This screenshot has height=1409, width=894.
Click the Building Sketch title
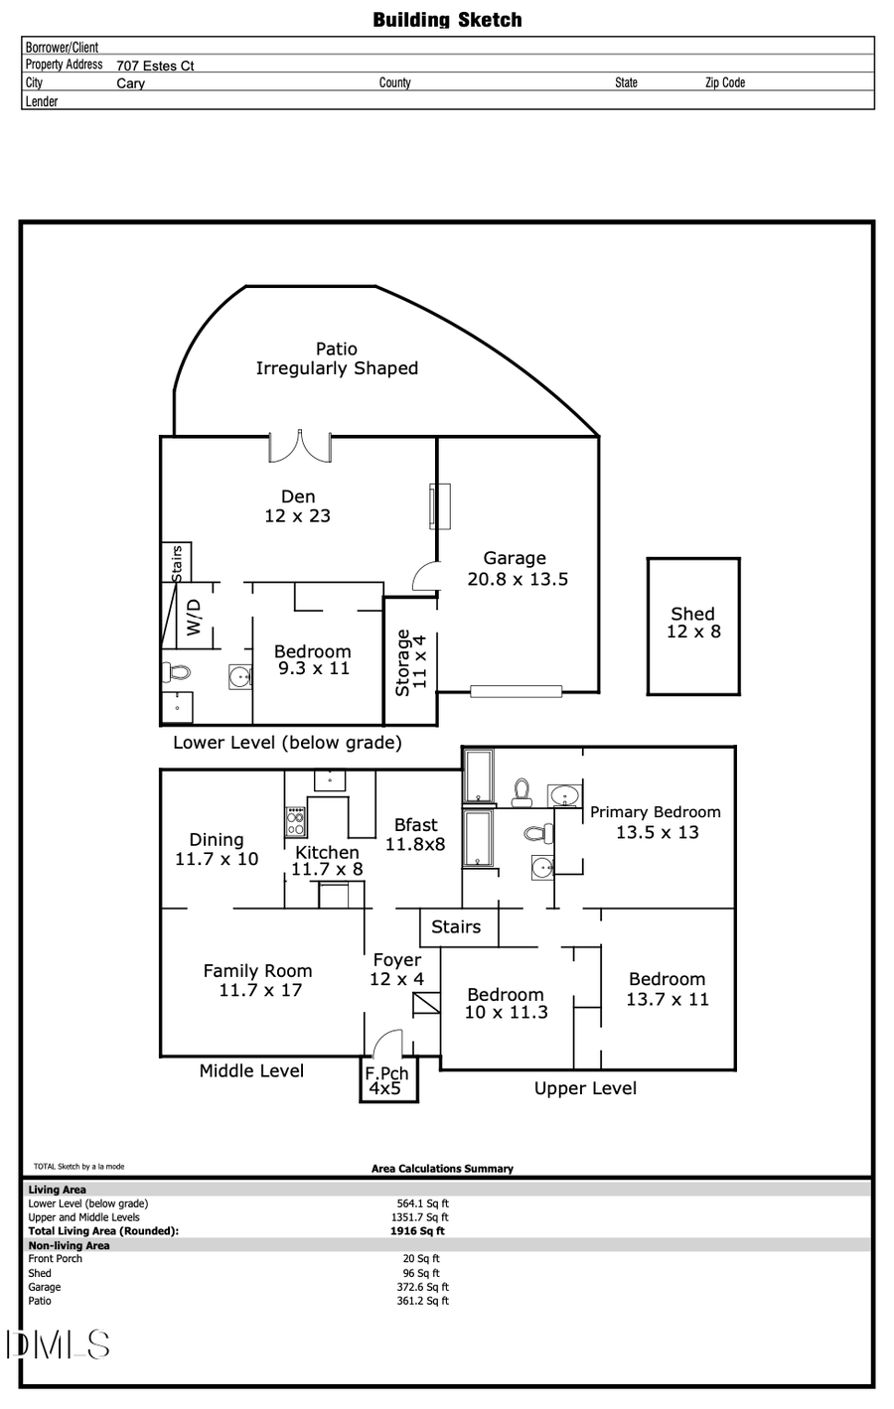(x=447, y=20)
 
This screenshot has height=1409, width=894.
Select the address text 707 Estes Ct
(x=155, y=66)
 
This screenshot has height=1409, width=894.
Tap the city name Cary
(x=130, y=83)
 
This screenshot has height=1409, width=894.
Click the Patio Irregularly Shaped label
(x=337, y=358)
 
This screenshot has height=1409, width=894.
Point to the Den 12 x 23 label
(x=297, y=506)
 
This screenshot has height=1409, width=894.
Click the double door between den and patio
(x=299, y=446)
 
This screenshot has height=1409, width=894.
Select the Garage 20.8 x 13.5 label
(x=517, y=569)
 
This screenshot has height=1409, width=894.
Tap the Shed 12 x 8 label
(x=693, y=623)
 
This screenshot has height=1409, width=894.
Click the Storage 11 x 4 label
(x=411, y=662)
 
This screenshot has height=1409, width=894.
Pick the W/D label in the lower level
(x=195, y=618)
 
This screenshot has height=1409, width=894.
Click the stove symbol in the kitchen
(x=296, y=821)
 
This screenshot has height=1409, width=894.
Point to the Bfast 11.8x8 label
(x=415, y=834)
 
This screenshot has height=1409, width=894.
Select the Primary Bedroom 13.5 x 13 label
(x=656, y=822)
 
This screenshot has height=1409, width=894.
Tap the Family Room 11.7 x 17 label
(x=258, y=980)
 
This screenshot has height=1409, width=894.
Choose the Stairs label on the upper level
(x=456, y=926)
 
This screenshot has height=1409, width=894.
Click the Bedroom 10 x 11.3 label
(x=506, y=1003)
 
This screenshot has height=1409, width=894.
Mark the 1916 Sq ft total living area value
(x=417, y=1231)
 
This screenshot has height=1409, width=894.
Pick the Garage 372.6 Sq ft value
(x=422, y=1287)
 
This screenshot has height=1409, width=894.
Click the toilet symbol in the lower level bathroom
(x=178, y=672)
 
